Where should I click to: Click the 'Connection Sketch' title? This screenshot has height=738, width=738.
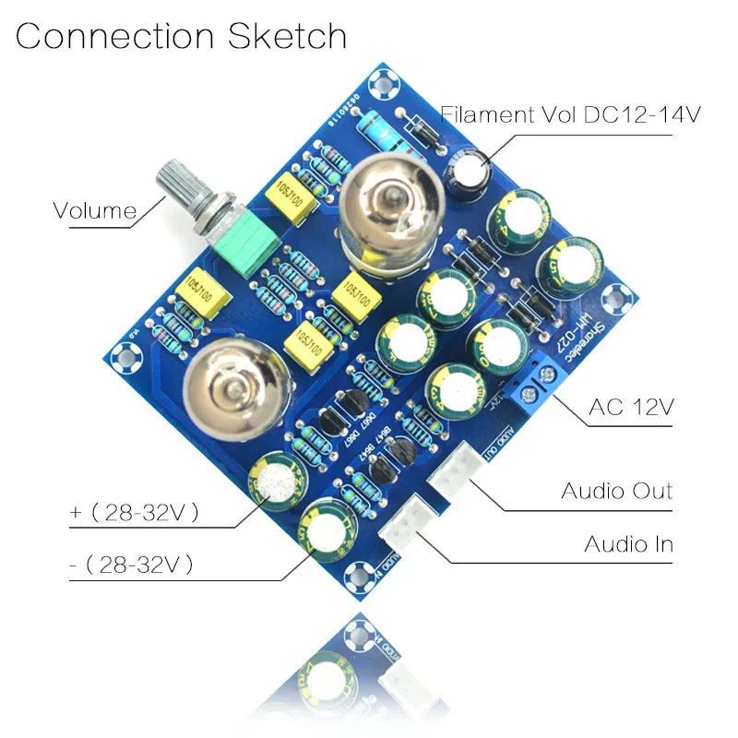181,36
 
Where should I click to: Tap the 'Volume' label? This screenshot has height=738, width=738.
94,210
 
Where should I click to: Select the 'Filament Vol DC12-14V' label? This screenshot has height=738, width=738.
571,115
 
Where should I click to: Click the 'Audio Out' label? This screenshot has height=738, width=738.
616,489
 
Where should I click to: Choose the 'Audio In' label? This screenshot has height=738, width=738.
628,543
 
